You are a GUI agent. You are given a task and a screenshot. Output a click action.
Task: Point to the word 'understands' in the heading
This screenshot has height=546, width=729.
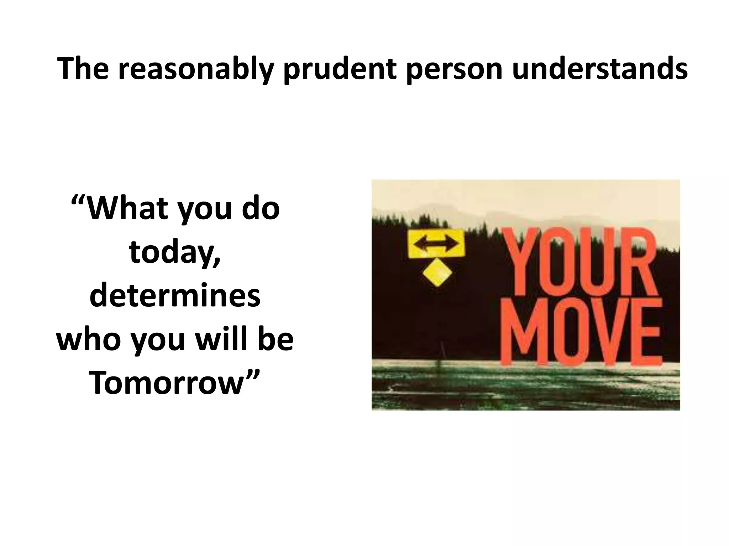600,69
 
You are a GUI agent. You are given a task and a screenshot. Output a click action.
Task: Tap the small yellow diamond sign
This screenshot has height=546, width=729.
437,272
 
